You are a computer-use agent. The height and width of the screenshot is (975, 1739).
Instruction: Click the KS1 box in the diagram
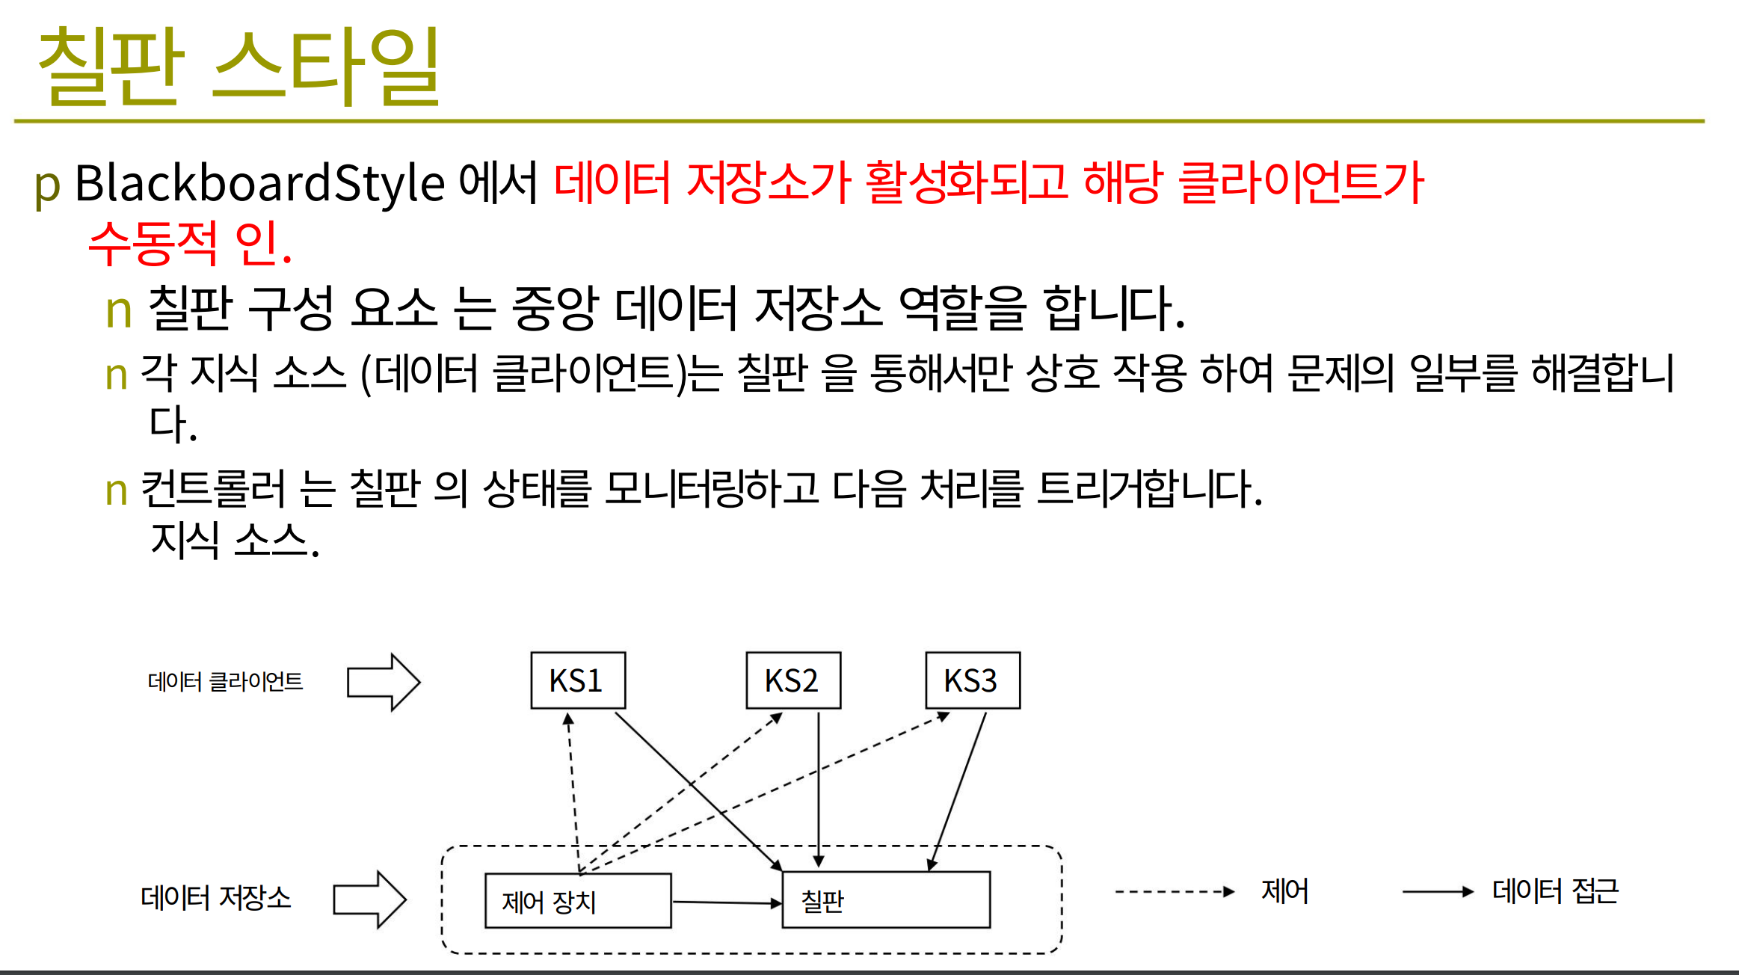coord(578,680)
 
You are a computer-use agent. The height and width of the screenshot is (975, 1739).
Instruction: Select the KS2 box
coord(793,680)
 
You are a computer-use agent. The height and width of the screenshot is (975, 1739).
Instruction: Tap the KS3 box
coord(973,680)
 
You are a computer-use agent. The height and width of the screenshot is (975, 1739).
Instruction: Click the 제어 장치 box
coord(578,900)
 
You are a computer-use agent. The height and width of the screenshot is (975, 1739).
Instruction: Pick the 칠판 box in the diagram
coord(886,899)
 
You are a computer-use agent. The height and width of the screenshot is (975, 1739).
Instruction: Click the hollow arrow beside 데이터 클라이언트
coord(384,682)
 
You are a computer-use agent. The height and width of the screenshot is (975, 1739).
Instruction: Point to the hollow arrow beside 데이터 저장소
coord(369,899)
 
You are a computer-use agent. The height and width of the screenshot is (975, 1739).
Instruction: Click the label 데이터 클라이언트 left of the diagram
coord(225,681)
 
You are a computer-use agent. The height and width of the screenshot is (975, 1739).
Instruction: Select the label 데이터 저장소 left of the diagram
coord(215,897)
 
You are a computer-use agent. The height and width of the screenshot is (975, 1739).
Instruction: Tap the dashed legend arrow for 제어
coord(1175,891)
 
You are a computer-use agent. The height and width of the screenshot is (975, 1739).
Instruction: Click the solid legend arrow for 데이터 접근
coord(1438,891)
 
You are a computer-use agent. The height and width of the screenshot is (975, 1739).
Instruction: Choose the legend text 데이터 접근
coord(1555,891)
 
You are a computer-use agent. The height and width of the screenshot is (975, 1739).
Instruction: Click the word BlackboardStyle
coord(259,184)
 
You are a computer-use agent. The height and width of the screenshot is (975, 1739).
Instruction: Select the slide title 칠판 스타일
coord(238,66)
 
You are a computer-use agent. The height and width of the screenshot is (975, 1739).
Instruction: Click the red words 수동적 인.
coord(190,243)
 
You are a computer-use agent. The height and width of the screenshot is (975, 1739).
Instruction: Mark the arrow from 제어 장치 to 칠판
coord(727,902)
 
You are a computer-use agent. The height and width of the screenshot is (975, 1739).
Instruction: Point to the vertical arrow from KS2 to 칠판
coord(819,789)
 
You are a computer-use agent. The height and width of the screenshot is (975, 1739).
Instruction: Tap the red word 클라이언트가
coord(1301,182)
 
